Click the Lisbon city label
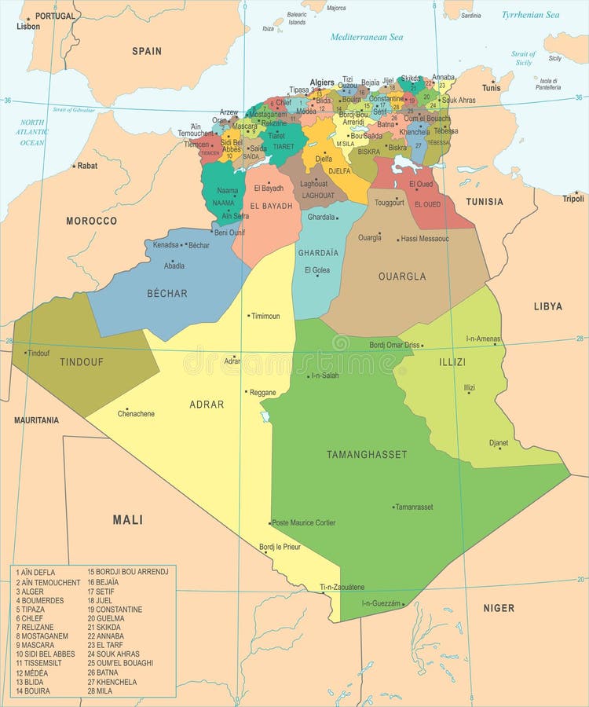pos(28,26)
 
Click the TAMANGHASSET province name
pos(368,454)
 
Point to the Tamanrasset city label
pos(414,507)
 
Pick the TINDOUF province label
pos(82,362)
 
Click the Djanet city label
pos(499,443)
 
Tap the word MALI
pos(127,519)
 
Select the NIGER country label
pos(499,607)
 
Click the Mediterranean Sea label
pos(367,37)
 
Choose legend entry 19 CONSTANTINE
pos(115,609)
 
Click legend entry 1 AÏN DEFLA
pos(35,572)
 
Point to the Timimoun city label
pos(265,316)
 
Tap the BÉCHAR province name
pos(167,293)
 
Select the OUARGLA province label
pos(402,276)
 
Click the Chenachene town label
pos(136,414)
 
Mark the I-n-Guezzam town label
pos(381,603)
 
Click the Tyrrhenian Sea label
pos(531,14)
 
